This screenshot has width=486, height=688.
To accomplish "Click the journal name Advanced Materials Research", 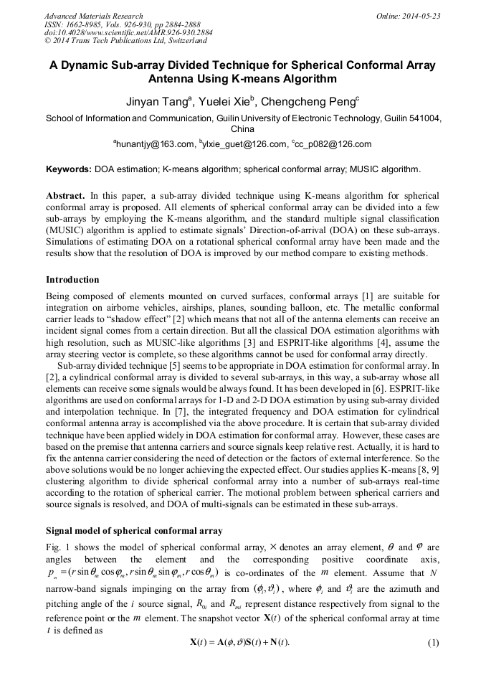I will coord(94,16).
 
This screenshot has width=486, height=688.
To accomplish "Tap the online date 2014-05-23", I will coord(421,16).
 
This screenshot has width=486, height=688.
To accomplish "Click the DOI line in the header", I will coord(128,33).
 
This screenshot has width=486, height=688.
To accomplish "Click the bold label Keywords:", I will coord(69,169).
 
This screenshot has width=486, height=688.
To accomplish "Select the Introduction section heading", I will coord(72,279).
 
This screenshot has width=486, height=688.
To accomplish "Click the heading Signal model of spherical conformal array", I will coord(134,531).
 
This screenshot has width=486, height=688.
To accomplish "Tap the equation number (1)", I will coord(432,643).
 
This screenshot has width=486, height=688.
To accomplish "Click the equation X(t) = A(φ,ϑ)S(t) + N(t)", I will coord(242,643).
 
